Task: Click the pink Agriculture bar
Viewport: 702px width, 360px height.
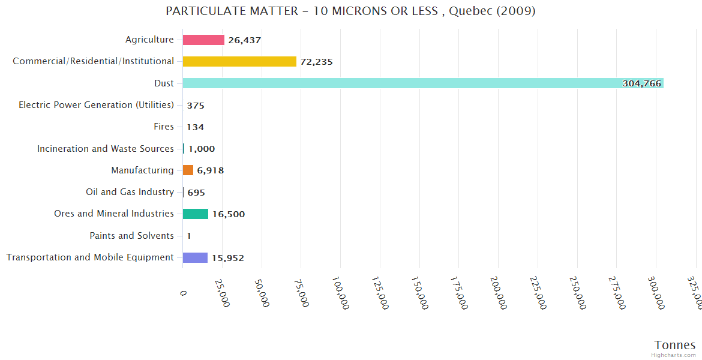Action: pyautogui.click(x=203, y=40)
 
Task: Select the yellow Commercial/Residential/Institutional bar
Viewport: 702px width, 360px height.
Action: pyautogui.click(x=239, y=61)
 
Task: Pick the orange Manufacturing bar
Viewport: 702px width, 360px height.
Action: pyautogui.click(x=188, y=170)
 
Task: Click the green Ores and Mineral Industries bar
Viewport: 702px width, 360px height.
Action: pyautogui.click(x=196, y=214)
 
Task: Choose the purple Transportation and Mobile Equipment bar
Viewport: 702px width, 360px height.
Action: pyautogui.click(x=195, y=257)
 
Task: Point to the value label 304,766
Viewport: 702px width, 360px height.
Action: pyautogui.click(x=641, y=83)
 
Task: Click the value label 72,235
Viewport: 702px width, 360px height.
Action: pyautogui.click(x=316, y=62)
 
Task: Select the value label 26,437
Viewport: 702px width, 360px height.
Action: pyautogui.click(x=244, y=40)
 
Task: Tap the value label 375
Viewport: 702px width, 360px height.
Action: pyautogui.click(x=196, y=106)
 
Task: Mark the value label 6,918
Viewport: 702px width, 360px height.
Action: pyautogui.click(x=210, y=170)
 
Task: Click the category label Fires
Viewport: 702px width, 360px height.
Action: pyautogui.click(x=164, y=127)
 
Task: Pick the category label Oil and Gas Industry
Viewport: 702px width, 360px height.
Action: pyautogui.click(x=130, y=192)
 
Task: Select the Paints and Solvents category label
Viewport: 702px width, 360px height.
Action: pyautogui.click(x=131, y=236)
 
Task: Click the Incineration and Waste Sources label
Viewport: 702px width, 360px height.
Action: pyautogui.click(x=105, y=149)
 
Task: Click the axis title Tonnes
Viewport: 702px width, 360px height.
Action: pyautogui.click(x=674, y=345)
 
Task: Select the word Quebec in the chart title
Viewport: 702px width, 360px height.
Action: pyautogui.click(x=467, y=11)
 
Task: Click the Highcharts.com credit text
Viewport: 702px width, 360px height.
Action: pyautogui.click(x=673, y=355)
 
